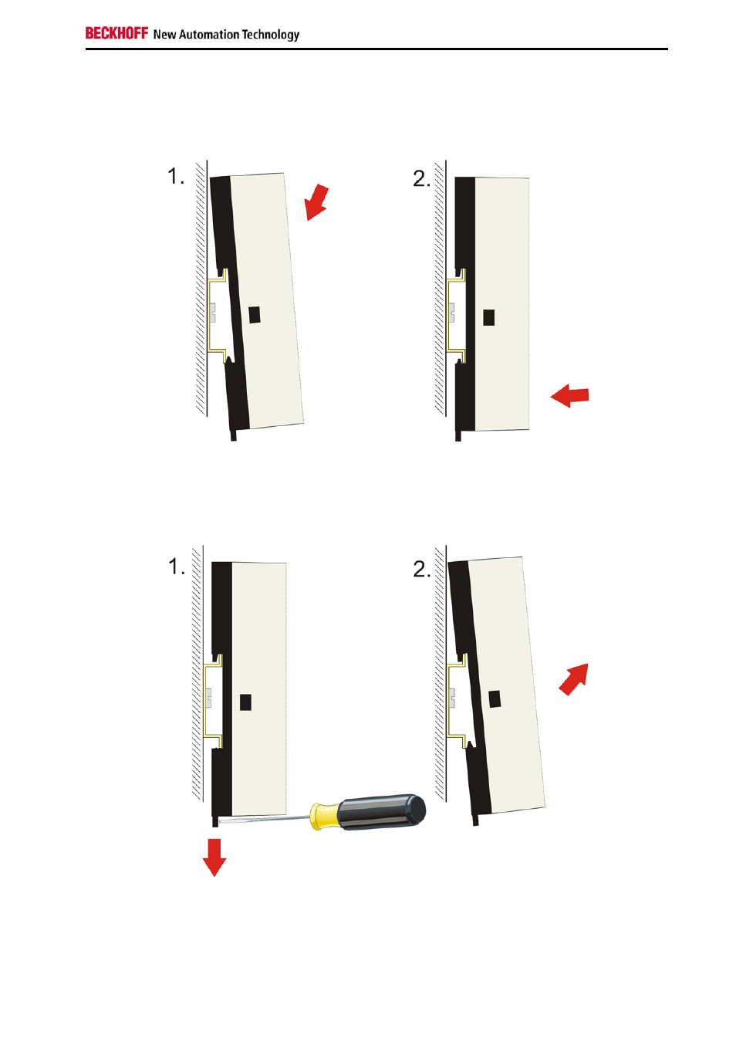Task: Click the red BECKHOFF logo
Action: (x=116, y=33)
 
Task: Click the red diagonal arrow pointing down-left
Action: (x=316, y=202)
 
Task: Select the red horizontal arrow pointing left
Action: (x=569, y=396)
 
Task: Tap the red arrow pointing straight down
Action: (x=214, y=858)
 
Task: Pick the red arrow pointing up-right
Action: (x=574, y=679)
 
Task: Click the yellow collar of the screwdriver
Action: (x=325, y=817)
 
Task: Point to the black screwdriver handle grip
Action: (x=382, y=811)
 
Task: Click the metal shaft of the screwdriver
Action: (x=265, y=820)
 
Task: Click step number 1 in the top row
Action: (x=176, y=177)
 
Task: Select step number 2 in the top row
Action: (x=421, y=178)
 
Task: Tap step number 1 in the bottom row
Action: (x=177, y=567)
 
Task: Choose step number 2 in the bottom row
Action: (x=422, y=569)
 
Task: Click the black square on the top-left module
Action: (x=255, y=315)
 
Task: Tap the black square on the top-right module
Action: (x=488, y=318)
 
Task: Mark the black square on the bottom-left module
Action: (x=245, y=702)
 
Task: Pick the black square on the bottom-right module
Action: (x=495, y=699)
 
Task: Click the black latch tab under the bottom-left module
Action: (x=215, y=822)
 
